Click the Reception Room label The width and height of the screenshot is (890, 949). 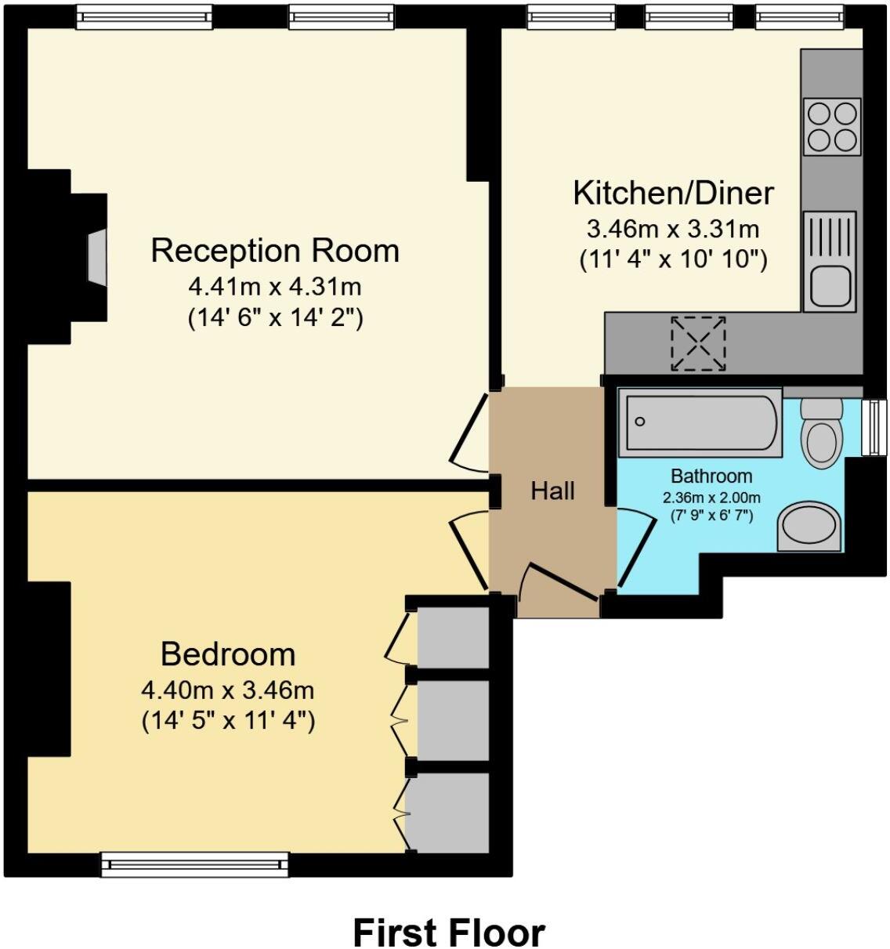click(275, 251)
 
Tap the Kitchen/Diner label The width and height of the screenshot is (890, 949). click(673, 193)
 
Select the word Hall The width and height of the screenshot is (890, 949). click(552, 491)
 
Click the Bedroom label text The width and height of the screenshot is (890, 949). click(228, 654)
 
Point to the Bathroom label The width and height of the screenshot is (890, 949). click(711, 476)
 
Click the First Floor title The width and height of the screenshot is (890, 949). click(449, 933)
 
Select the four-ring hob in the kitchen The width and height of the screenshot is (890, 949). click(832, 126)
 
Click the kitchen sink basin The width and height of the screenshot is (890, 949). click(830, 286)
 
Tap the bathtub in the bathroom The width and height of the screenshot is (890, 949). click(700, 422)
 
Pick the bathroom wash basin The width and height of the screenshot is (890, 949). click(809, 526)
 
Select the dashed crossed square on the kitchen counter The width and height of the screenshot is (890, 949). click(698, 343)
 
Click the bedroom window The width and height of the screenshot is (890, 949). click(195, 864)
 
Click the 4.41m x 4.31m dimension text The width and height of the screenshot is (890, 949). click(275, 286)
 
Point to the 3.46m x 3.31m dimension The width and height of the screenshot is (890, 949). click(673, 229)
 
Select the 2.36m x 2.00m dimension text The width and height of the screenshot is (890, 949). click(711, 498)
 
